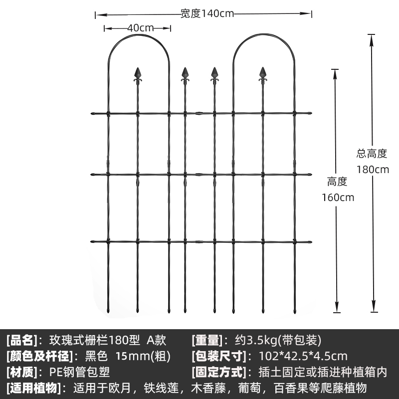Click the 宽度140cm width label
pyautogui.click(x=206, y=14)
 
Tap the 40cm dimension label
pyautogui.click(x=140, y=28)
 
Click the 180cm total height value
pyautogui.click(x=372, y=169)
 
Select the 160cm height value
pyautogui.click(x=337, y=197)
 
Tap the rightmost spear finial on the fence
pyautogui.click(x=263, y=75)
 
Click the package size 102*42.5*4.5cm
pyautogui.click(x=303, y=356)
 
